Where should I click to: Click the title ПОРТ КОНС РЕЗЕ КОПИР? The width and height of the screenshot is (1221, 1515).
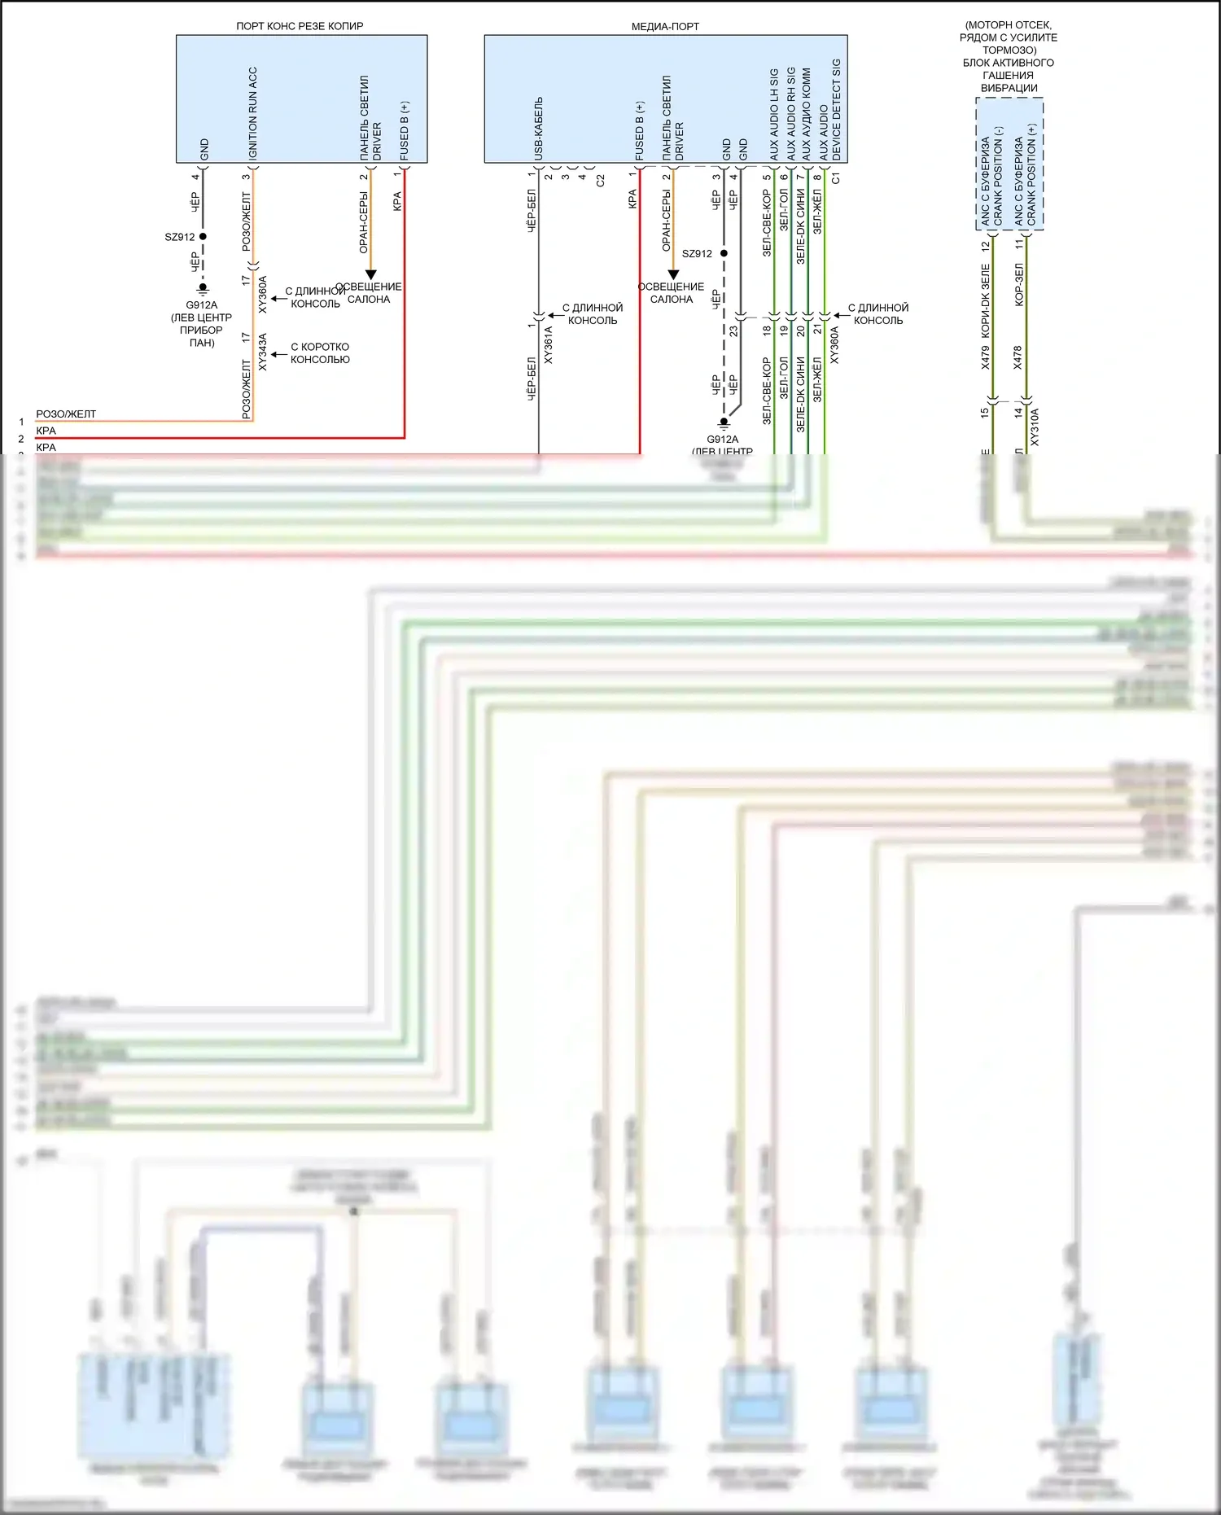click(300, 26)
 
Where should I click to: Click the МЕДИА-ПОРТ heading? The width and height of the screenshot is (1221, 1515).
click(665, 26)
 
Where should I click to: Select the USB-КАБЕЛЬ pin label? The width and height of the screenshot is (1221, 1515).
click(538, 128)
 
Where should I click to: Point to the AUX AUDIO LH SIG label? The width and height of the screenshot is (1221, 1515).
click(774, 114)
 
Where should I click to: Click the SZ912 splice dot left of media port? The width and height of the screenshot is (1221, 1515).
click(724, 253)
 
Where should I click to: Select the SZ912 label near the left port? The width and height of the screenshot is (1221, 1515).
click(179, 237)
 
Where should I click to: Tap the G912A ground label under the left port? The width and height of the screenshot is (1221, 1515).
click(201, 305)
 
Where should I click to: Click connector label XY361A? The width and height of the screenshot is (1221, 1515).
click(548, 344)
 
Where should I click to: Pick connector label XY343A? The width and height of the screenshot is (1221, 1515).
click(262, 352)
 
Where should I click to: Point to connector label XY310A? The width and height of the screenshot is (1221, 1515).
click(1035, 427)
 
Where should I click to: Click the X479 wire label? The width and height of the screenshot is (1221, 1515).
click(985, 357)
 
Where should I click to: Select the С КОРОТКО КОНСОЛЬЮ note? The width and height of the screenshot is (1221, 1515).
click(320, 352)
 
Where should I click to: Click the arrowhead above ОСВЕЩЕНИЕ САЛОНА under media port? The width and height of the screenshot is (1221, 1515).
click(673, 275)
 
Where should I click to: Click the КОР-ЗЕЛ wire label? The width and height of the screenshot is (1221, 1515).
click(1018, 284)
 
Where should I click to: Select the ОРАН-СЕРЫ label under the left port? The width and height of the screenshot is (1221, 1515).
click(364, 221)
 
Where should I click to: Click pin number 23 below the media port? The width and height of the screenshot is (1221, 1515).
click(733, 331)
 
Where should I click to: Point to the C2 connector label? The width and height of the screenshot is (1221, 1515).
click(600, 181)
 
